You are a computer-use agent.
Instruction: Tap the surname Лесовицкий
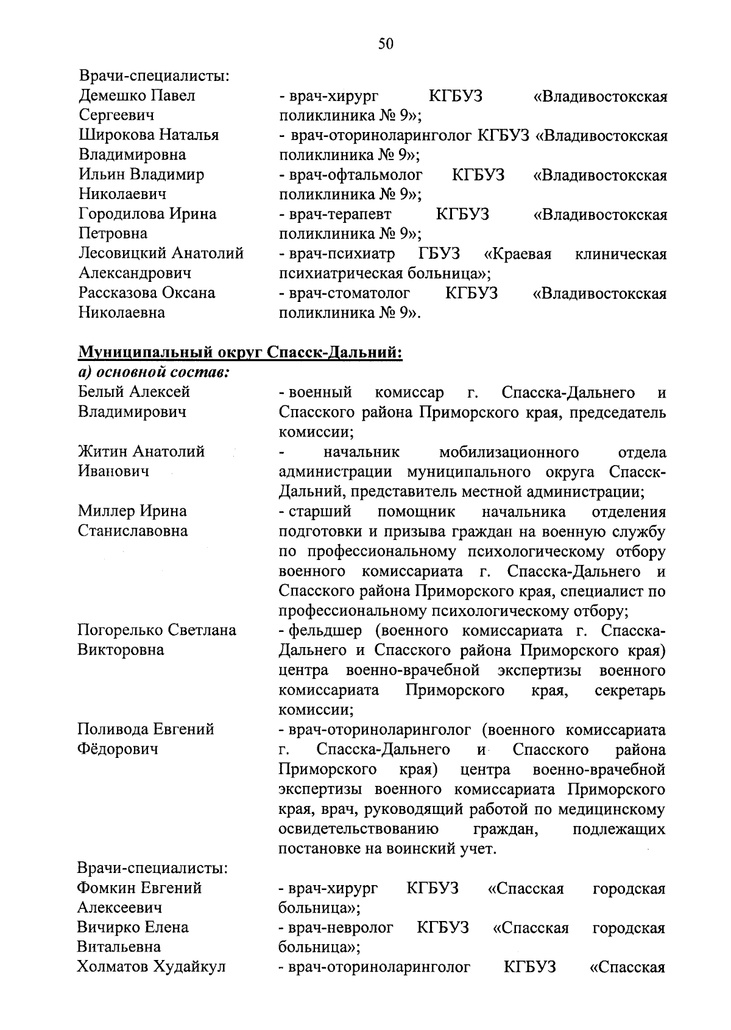point(122,253)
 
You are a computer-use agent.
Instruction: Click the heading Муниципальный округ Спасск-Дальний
point(240,352)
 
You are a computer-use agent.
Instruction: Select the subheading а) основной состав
point(154,371)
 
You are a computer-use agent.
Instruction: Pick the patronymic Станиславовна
point(133,531)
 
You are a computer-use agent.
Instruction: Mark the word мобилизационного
point(509,452)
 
